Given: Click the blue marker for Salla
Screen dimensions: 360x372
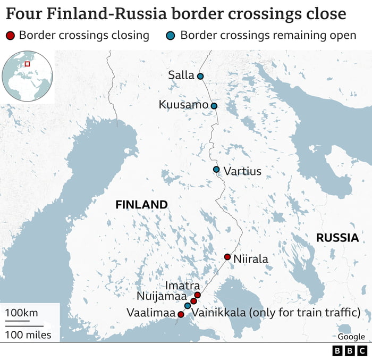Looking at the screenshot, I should tap(200, 76).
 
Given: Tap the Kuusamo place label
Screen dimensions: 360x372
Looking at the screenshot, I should tap(183, 105).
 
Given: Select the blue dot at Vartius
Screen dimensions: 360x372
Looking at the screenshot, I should tap(216, 170).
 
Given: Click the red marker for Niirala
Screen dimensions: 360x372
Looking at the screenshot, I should tap(227, 257).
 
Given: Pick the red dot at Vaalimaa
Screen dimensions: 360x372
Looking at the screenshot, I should tap(181, 315).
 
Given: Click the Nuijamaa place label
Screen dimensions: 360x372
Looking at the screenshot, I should tap(162, 297).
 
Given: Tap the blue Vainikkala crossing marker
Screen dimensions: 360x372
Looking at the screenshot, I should tap(188, 306).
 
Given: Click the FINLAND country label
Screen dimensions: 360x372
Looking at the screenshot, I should tap(141, 205).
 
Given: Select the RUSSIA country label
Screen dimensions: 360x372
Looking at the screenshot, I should tap(337, 238).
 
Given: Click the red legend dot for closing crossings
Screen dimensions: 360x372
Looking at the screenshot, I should tap(11, 36).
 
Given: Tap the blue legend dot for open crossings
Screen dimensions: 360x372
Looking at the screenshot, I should tap(171, 36).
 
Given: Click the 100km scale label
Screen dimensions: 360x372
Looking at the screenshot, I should tap(22, 312).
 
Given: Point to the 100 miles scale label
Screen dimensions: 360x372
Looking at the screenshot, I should tap(29, 334).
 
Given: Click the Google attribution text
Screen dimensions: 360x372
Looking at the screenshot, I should tap(351, 337).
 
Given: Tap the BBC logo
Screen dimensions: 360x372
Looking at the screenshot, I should tap(350, 351).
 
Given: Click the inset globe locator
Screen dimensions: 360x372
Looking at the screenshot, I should tap(27, 77).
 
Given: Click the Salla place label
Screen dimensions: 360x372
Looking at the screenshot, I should tap(181, 75).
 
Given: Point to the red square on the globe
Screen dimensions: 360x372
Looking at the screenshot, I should tap(28, 64).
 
